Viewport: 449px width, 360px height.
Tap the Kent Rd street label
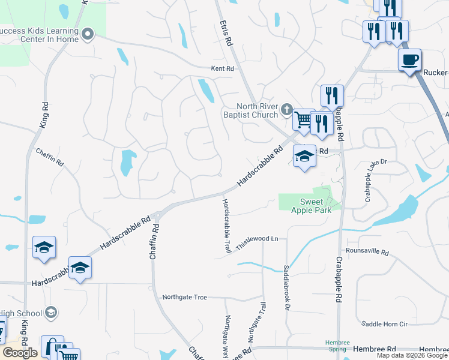(221, 69)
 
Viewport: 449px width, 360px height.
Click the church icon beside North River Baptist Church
(287, 110)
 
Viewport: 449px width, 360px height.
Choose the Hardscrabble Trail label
(227, 227)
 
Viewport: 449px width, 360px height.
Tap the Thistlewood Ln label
(258, 242)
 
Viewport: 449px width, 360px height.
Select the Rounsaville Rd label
(367, 250)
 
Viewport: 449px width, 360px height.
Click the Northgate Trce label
(185, 297)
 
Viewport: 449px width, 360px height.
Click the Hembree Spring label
(337, 345)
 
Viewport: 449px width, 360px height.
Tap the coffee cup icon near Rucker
(410, 60)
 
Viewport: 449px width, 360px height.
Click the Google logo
(20, 353)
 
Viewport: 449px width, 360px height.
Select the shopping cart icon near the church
(303, 119)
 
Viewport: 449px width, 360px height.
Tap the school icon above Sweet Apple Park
(304, 157)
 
